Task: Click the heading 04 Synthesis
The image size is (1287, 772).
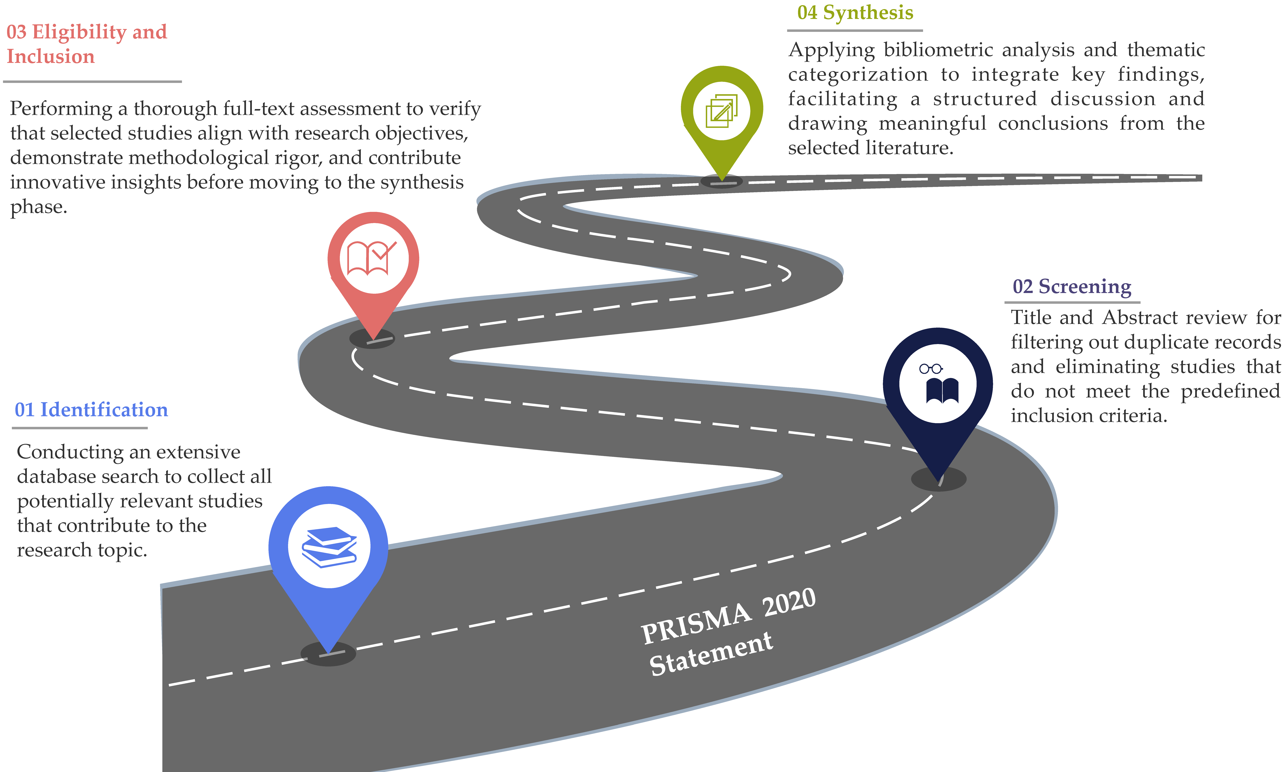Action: [855, 13]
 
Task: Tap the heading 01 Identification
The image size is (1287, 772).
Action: [91, 410]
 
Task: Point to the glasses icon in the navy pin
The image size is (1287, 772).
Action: [931, 369]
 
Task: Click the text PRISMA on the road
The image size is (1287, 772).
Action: [696, 624]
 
